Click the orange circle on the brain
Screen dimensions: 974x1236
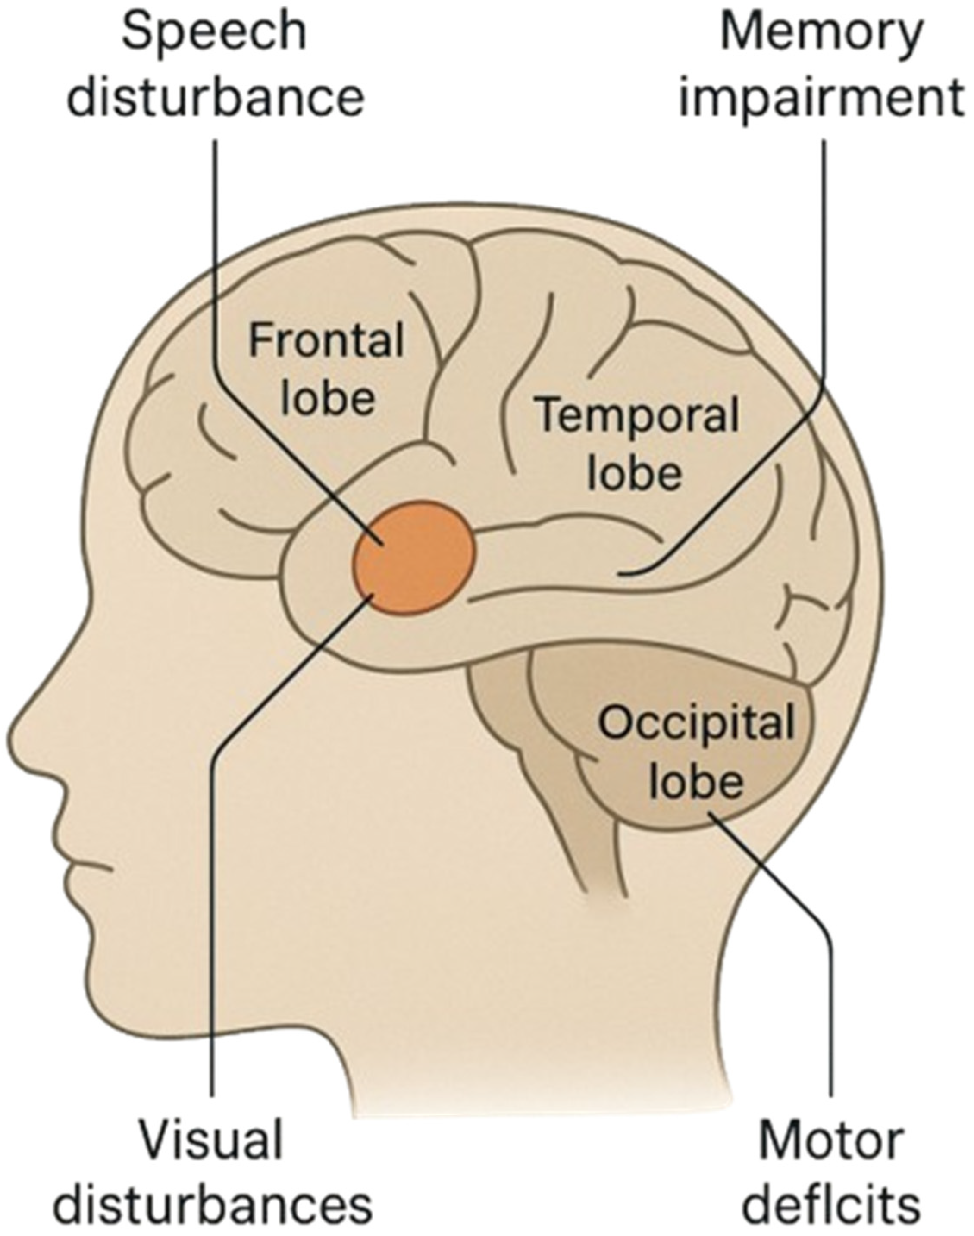pos(414,557)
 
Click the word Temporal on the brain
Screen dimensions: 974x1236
pos(638,415)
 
